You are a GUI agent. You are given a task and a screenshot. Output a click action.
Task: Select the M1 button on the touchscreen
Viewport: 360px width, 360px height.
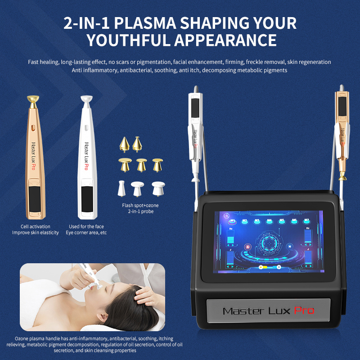pos(234,221)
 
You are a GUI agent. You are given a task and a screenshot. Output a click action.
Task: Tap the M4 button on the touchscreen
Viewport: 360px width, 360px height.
pos(270,221)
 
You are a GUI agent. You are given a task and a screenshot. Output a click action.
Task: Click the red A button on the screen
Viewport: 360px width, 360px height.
pos(247,246)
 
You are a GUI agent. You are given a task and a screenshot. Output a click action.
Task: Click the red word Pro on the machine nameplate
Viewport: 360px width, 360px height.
pos(304,310)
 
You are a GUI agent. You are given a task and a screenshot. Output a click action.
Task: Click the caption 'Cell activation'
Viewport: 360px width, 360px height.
pos(36,226)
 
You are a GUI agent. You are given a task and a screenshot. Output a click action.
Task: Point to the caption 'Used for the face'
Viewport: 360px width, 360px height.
pos(86,226)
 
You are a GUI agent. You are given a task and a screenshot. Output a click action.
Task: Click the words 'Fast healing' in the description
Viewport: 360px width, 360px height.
pos(44,62)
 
